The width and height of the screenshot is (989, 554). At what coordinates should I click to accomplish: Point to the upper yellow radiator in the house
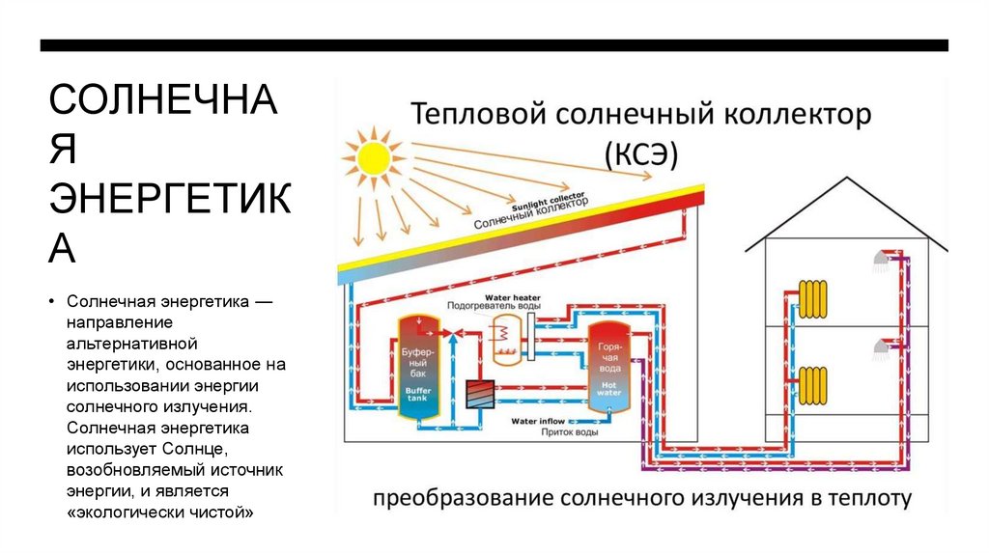813,299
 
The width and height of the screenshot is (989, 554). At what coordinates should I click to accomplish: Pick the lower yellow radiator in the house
813,383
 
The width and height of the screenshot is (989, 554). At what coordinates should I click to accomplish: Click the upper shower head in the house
881,259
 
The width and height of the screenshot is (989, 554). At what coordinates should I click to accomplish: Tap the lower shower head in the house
881,346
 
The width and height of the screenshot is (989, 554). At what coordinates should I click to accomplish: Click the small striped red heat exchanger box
479,393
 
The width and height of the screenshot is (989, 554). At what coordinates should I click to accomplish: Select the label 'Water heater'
513,296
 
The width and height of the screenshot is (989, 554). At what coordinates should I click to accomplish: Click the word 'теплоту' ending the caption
871,499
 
